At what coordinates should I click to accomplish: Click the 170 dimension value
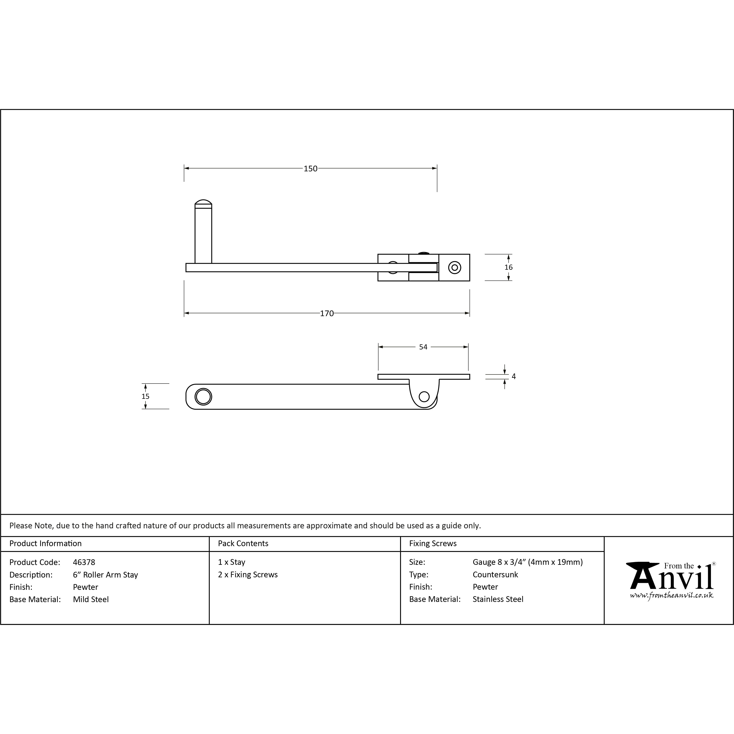(327, 313)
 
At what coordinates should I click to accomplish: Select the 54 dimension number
(423, 347)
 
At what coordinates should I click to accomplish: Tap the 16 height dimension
(508, 267)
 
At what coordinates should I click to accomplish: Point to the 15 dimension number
(145, 396)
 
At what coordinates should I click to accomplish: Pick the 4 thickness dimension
(514, 377)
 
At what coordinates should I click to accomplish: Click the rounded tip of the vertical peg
(203, 202)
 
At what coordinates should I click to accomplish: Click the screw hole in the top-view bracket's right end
(454, 268)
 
